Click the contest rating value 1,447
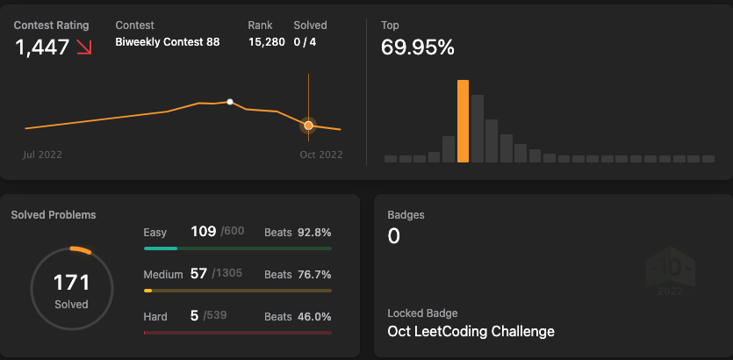[x=42, y=48]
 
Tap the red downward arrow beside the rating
[x=84, y=47]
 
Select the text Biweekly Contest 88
[x=168, y=41]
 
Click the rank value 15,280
[x=266, y=41]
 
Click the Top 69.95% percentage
[x=418, y=48]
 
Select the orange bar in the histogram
[x=463, y=121]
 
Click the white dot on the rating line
[x=230, y=102]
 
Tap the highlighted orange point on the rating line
[x=308, y=126]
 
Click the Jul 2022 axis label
[x=42, y=155]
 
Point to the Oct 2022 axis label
[x=320, y=155]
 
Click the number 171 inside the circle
[x=72, y=283]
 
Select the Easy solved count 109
[x=203, y=231]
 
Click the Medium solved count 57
[x=198, y=274]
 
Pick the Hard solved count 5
[x=194, y=316]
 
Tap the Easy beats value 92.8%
[x=314, y=232]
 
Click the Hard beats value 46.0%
[x=314, y=316]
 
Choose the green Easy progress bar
[x=161, y=248]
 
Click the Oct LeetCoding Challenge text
[x=471, y=331]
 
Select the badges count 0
[x=393, y=235]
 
